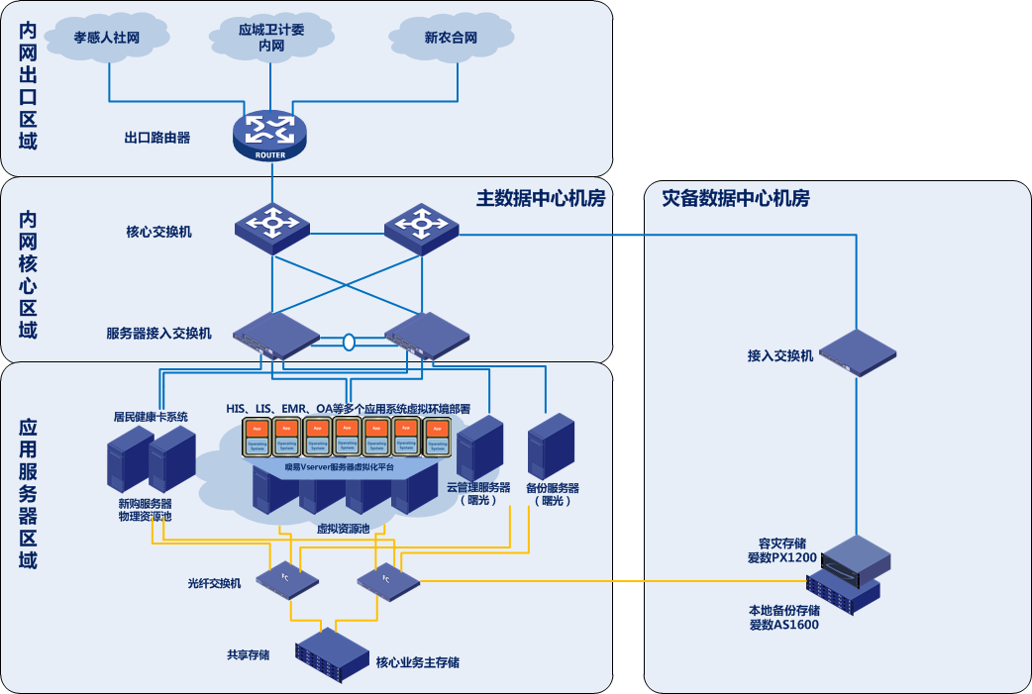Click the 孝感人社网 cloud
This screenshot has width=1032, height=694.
coord(106,40)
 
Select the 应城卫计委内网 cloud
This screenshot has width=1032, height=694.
coord(271,38)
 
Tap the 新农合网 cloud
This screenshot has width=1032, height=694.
coord(451,39)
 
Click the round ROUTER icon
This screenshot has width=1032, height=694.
coord(270,135)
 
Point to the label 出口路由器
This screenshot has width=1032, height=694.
coord(157,139)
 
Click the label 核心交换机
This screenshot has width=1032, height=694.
coord(159,232)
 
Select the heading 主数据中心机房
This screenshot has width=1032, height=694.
coord(540,198)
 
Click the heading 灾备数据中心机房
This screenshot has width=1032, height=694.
coord(735,199)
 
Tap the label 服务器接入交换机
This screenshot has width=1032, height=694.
coord(159,333)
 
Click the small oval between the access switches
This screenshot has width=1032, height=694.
coord(349,343)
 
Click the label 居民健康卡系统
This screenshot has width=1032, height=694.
coord(151,417)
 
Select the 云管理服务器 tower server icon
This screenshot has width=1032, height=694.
coord(480,447)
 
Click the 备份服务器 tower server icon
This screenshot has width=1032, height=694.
coord(552,447)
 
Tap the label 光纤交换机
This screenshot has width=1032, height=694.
coord(215,583)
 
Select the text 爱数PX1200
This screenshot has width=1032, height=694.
coord(782,558)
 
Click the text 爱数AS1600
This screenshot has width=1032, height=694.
coord(783,625)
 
